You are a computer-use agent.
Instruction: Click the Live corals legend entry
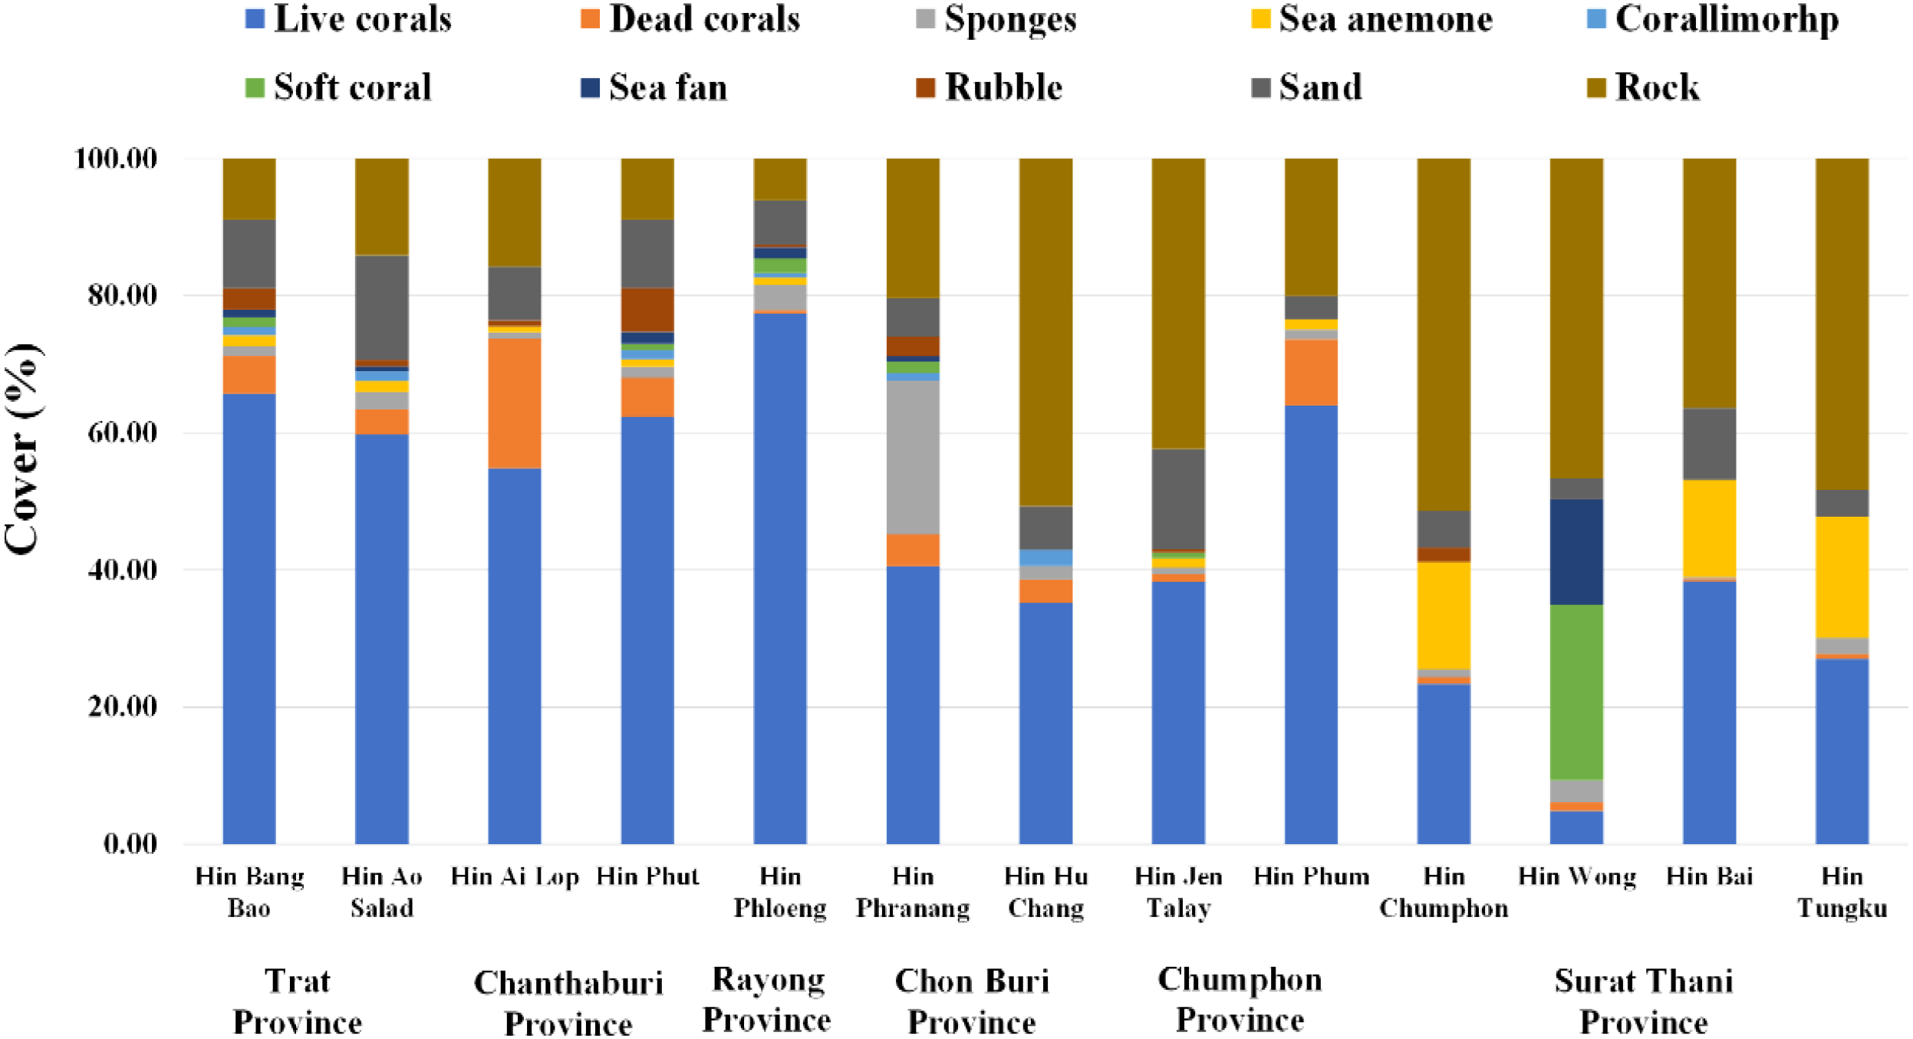pos(348,19)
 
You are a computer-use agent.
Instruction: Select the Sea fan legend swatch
pos(589,87)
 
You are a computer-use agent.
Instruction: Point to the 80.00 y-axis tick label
pos(122,295)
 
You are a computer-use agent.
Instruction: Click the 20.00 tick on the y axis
pos(122,706)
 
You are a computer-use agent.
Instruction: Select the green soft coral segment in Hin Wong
pos(1576,692)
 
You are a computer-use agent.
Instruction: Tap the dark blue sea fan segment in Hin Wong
pos(1576,552)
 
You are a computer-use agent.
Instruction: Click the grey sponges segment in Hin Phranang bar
pos(912,457)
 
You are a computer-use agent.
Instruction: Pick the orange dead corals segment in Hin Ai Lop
pos(514,403)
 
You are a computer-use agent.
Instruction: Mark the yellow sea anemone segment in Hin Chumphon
pos(1443,616)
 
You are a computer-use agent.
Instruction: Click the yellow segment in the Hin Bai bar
pos(1708,528)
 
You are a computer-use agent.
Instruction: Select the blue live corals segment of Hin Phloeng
pos(779,579)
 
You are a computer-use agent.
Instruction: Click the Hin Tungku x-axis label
pos(1841,893)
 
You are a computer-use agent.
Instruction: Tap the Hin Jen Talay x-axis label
pos(1177,893)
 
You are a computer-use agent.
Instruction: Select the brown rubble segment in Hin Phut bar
pos(647,310)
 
